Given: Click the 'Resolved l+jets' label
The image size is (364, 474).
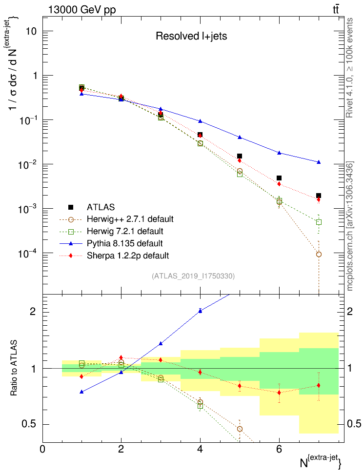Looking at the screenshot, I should click(191, 36).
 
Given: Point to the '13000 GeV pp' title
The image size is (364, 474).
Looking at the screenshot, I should click(81, 9).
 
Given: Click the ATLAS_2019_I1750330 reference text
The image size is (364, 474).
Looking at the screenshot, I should click(193, 276).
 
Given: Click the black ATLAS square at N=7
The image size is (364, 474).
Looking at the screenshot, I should click(319, 196).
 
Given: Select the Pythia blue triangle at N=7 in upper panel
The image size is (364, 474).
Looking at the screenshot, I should click(319, 162).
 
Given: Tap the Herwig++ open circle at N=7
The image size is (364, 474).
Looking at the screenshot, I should click(319, 254).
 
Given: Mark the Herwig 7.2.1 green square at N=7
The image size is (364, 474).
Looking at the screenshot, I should click(319, 222).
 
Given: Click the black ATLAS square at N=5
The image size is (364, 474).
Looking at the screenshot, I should click(240, 156).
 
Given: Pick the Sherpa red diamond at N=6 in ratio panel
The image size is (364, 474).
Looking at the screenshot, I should click(279, 392).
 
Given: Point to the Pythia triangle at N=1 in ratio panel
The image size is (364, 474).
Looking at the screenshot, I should click(81, 392).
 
